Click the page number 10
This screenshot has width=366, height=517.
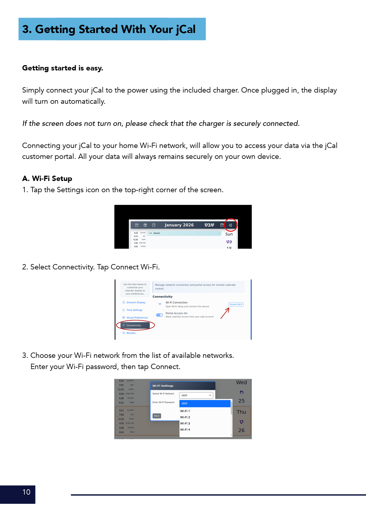(x=26, y=492)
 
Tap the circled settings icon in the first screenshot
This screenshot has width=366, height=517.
(x=231, y=225)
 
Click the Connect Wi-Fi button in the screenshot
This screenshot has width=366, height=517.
(x=236, y=304)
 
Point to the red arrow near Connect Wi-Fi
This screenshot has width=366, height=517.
(x=225, y=313)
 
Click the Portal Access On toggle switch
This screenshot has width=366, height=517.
(x=159, y=315)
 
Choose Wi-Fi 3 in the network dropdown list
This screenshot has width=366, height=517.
(x=185, y=423)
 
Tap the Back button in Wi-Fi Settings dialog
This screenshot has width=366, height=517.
(x=157, y=416)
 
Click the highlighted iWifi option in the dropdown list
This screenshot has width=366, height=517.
(x=205, y=403)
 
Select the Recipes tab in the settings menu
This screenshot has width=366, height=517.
(x=131, y=333)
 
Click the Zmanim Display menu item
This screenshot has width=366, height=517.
(x=136, y=302)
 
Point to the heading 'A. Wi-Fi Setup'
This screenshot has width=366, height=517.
(x=47, y=179)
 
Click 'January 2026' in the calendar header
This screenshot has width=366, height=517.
(x=179, y=225)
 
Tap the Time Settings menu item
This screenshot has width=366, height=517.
(x=134, y=310)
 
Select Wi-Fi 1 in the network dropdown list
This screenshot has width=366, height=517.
(x=185, y=411)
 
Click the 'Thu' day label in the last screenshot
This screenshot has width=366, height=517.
(x=241, y=412)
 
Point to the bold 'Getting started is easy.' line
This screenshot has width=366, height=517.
(x=63, y=68)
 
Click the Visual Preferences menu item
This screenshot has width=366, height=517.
(x=137, y=317)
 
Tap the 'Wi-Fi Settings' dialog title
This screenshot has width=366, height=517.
(x=163, y=386)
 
